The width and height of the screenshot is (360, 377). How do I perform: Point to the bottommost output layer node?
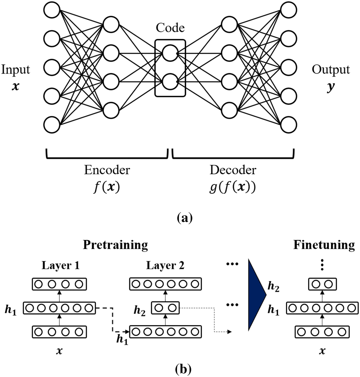tap(289, 124)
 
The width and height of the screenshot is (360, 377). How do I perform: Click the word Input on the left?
tap(15, 69)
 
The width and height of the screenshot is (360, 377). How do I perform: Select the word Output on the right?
tap(331, 69)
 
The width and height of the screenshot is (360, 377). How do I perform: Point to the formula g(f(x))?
tap(233, 187)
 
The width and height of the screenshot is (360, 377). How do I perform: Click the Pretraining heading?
tap(115, 245)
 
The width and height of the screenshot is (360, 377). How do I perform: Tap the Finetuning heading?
tap(324, 245)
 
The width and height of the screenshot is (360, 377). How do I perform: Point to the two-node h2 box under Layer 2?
tap(166, 308)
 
